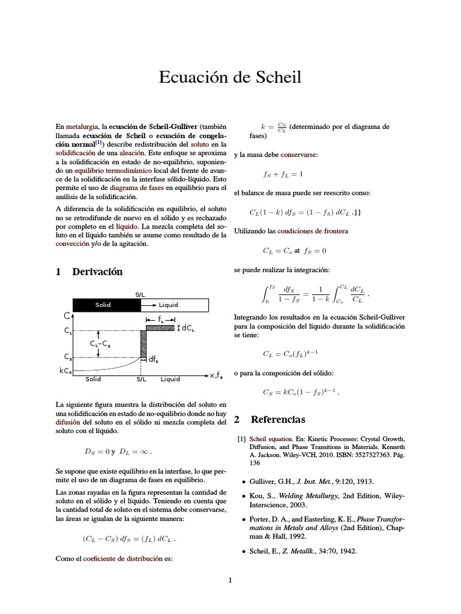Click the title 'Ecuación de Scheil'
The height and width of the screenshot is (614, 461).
230,77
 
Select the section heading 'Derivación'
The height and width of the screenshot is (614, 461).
97,272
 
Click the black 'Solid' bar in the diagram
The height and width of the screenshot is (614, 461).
106,305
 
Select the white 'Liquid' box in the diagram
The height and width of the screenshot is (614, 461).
175,305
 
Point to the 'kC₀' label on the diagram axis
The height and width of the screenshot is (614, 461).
66,371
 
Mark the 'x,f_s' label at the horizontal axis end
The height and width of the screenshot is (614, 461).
216,376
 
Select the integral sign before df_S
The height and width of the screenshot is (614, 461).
265,293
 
